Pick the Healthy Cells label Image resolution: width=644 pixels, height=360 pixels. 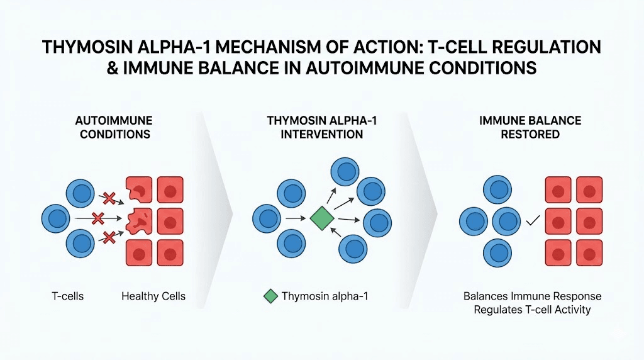[153, 296]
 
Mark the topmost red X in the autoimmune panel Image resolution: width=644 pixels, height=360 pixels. [109, 199]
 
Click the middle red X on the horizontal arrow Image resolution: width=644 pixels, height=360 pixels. [97, 219]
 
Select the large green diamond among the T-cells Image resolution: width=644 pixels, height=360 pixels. [321, 219]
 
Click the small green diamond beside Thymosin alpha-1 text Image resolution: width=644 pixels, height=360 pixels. [270, 296]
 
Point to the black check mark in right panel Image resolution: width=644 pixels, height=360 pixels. [533, 221]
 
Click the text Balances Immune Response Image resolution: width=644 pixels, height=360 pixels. [532, 296]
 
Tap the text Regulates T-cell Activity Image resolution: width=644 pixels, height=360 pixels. [532, 310]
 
